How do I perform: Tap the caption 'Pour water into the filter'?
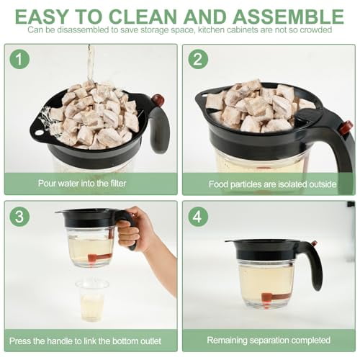90,184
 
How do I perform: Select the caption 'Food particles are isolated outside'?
272,184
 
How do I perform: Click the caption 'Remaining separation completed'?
269,340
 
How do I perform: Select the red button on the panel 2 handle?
346,127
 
